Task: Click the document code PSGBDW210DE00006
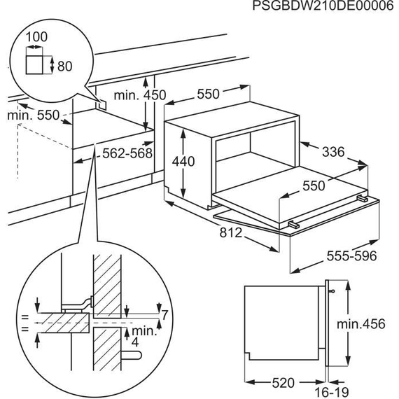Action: tap(323, 6)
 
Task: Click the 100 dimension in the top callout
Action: tap(36, 36)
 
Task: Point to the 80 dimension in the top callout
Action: tap(64, 66)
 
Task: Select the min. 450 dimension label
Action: tap(140, 95)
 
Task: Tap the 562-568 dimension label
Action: tap(127, 153)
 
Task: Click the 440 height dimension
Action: tap(183, 161)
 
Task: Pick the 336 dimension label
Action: tap(333, 152)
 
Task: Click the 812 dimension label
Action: tap(230, 232)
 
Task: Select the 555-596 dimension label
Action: tap(351, 255)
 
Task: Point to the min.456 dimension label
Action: tap(361, 324)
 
